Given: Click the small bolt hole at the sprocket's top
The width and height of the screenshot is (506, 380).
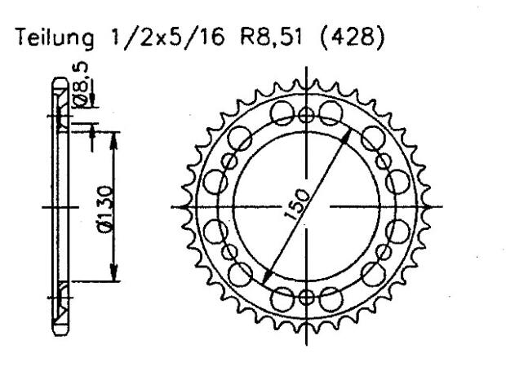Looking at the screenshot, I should (x=307, y=113).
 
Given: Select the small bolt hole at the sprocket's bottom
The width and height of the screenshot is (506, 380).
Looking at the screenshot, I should (x=307, y=297).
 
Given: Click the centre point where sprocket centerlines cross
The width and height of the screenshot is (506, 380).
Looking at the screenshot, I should (x=307, y=205).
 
